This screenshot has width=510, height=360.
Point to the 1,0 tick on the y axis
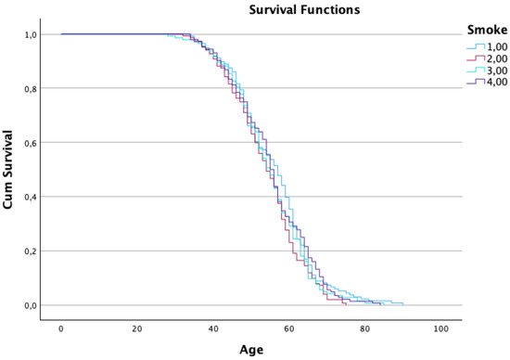click(30, 34)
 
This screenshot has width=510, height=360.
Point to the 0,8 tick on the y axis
click(30, 89)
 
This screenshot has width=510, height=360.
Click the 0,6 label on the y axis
click(30, 143)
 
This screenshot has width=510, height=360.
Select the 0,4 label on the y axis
click(30, 198)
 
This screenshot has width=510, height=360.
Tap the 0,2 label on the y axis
click(30, 251)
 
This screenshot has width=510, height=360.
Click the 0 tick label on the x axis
click(61, 329)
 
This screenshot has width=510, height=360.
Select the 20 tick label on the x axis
click(137, 329)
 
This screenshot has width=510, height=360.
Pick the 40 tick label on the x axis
click(213, 329)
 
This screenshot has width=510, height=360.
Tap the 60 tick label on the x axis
click(289, 329)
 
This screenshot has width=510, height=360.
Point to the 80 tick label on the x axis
click(365, 329)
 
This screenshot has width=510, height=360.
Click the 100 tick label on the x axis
click(441, 329)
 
